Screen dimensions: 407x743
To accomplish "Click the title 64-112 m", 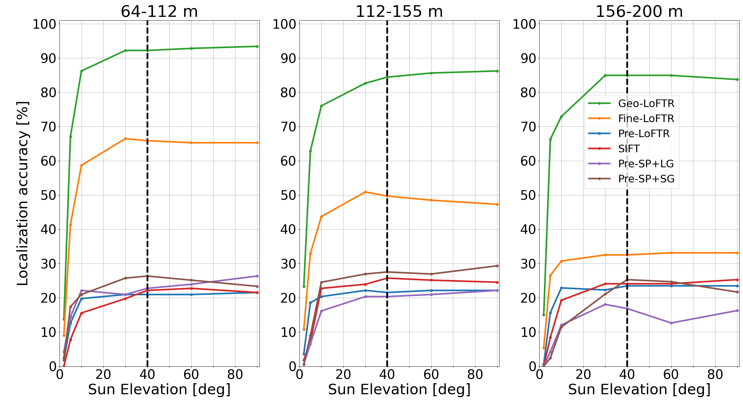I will point(159,12).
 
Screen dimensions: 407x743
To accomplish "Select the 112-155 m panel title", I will point(399,12).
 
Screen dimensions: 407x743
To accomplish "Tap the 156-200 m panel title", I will point(639,12).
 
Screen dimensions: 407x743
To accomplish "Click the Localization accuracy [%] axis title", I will point(23,193).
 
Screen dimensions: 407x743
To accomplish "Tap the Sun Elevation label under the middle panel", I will point(399,389).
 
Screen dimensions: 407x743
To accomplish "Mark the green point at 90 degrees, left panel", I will point(257,46).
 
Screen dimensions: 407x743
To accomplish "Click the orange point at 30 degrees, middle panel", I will point(365,192).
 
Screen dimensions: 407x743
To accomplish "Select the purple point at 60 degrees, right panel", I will point(671,323).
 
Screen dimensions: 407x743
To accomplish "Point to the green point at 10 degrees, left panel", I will point(82,71).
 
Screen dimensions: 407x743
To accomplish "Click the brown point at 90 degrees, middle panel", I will point(497,266).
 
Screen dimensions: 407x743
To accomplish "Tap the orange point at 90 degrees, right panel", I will point(737,253).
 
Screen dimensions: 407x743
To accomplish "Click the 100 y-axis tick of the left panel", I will point(44,24).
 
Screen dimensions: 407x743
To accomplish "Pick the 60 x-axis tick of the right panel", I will point(671,375).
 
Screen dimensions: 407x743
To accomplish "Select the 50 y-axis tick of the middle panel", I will point(288,195).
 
